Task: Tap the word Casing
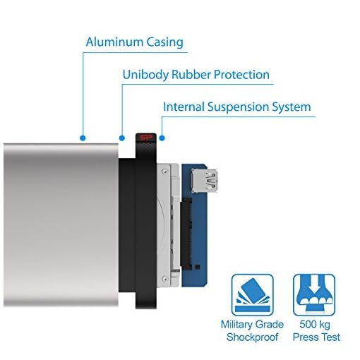point(164,43)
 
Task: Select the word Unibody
point(145,75)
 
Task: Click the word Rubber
point(191,75)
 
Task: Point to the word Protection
point(241,75)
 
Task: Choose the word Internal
point(184,107)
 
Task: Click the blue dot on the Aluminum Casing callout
point(83,138)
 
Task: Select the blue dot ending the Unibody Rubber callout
point(122,138)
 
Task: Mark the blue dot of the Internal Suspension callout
point(162,138)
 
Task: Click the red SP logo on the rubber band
point(145,138)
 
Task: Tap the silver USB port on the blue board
point(204,181)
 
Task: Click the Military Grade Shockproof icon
point(253,295)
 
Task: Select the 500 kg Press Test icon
point(314,295)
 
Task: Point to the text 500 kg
point(315,325)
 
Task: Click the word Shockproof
point(252,337)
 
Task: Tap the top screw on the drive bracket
point(165,169)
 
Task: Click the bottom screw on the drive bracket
point(165,279)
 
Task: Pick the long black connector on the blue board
point(186,234)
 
